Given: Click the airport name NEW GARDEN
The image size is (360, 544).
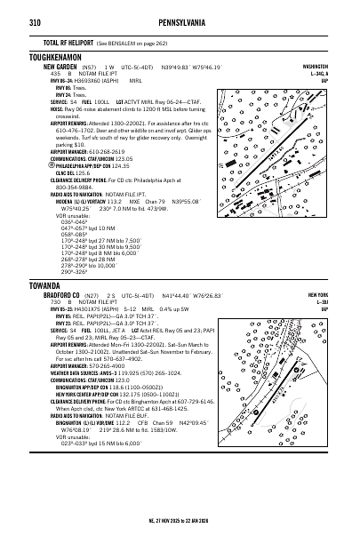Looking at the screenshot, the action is coord(60,66).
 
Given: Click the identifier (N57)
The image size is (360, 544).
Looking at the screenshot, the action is coord(88,66).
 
